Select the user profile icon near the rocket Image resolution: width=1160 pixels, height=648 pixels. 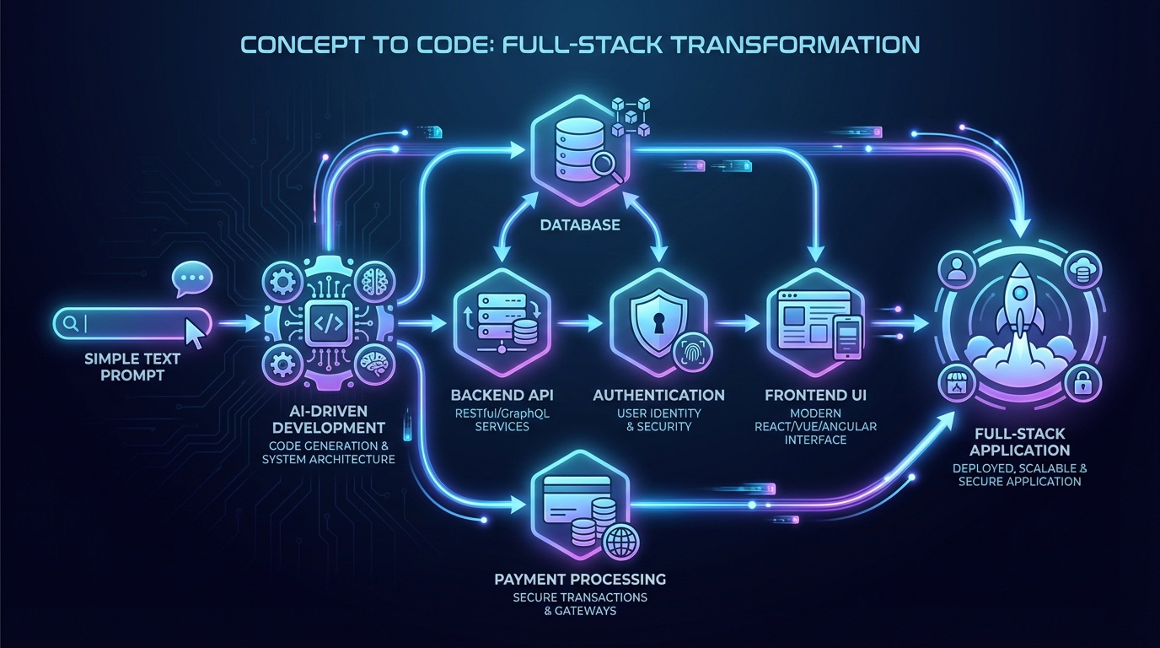coord(956,268)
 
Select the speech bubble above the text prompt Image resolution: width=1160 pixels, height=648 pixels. coord(191,279)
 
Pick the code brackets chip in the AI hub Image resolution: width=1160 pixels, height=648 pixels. coord(328,322)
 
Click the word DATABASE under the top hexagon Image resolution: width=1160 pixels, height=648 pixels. coord(579,225)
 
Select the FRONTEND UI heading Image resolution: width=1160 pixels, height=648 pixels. coord(815,395)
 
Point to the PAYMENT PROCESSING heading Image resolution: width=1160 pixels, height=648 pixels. coord(580,580)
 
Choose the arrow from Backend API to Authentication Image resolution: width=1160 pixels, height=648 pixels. coord(578,322)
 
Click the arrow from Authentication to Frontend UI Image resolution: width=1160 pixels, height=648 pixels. coord(738,322)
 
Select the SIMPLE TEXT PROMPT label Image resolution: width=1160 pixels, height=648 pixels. coord(132,366)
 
